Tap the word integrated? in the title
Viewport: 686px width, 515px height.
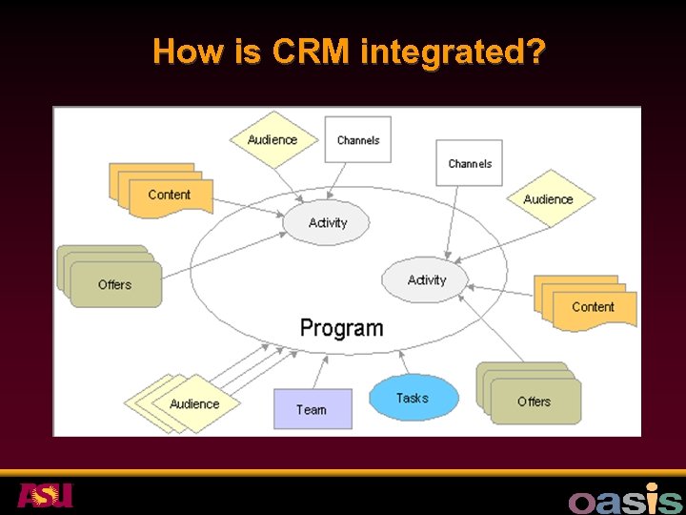tap(454, 52)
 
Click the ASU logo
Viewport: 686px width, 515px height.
tap(45, 495)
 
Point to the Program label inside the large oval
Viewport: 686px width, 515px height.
tap(341, 328)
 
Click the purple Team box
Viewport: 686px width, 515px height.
tap(312, 409)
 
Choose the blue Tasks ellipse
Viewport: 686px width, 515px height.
tap(413, 398)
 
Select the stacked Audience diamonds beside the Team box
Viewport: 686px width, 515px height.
tap(191, 403)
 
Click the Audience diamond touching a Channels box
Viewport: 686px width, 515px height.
tap(272, 140)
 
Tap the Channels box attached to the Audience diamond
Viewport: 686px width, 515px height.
tap(358, 140)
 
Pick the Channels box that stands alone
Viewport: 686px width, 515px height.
tap(470, 163)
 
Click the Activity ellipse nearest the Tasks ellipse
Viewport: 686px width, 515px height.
tap(426, 279)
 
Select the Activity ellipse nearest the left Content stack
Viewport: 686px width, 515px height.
tap(327, 222)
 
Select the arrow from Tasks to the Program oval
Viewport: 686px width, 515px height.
tap(404, 361)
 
